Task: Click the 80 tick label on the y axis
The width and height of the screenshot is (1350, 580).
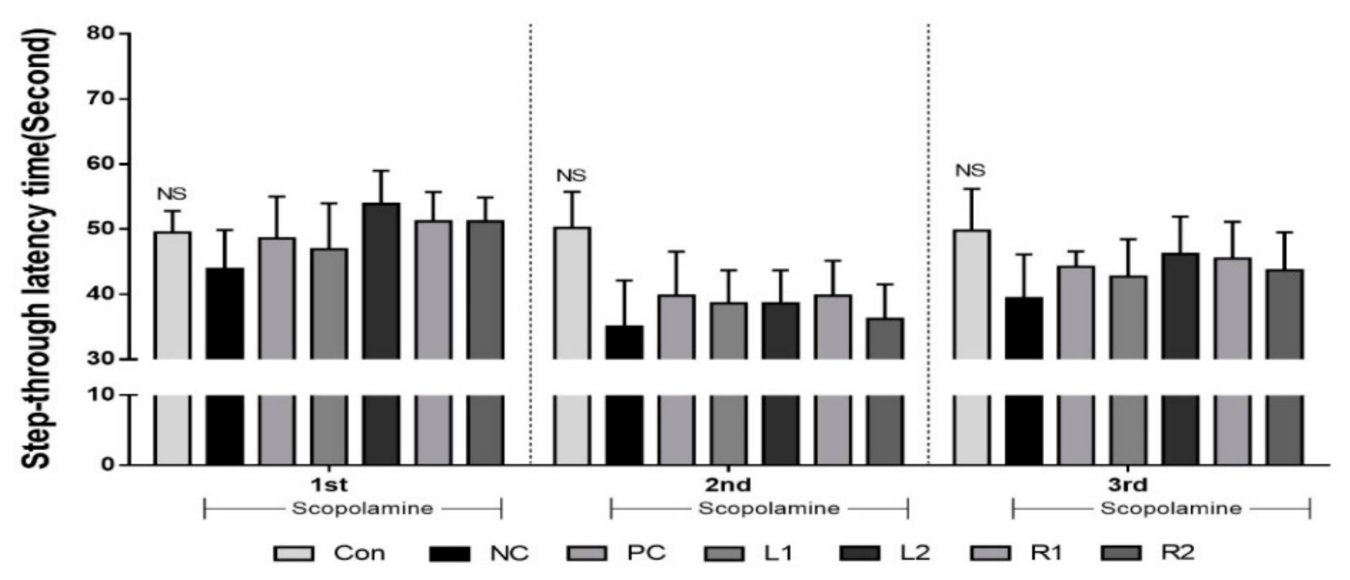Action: (101, 34)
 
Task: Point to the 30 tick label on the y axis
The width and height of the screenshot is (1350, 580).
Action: (101, 359)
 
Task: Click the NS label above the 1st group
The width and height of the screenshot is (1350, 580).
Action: (172, 194)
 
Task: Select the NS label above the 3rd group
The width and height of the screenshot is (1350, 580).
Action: (970, 170)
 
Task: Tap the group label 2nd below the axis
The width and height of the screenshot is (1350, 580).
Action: (729, 485)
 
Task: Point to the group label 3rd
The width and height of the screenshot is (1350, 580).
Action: (1127, 485)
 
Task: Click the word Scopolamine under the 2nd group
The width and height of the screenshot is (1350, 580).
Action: (769, 508)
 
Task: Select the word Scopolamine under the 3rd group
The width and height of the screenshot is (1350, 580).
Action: (1171, 508)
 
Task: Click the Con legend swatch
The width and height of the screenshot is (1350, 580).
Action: (293, 553)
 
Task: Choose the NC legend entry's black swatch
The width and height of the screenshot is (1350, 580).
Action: (450, 553)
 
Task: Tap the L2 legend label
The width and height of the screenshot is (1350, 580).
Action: (915, 553)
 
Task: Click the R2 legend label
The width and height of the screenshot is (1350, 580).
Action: (1177, 553)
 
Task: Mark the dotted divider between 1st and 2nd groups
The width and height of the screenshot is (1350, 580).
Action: (530, 240)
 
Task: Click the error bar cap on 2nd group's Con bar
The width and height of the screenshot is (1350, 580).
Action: (572, 192)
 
